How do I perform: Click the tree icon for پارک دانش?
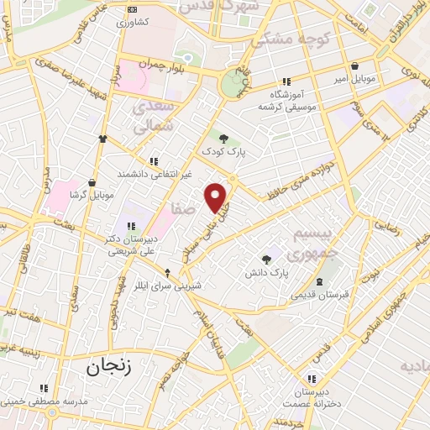click(267, 260)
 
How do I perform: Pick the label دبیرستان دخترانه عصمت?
click(313, 398)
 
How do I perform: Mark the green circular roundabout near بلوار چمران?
click(233, 84)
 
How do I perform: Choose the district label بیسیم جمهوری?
click(312, 242)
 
